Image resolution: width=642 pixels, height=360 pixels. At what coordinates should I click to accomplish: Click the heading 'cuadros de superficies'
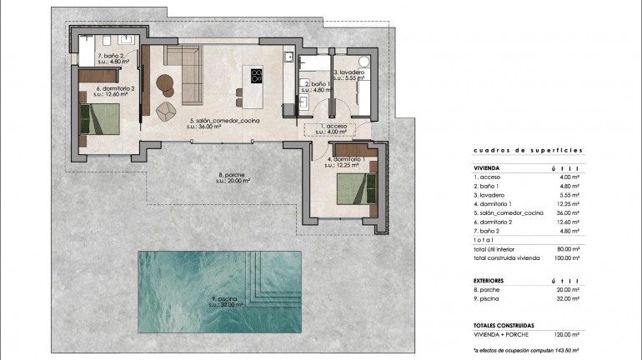[527, 151]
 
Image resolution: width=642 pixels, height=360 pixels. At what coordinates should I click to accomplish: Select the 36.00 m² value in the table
[568, 213]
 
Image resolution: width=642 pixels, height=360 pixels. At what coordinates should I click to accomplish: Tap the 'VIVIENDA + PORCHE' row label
[499, 333]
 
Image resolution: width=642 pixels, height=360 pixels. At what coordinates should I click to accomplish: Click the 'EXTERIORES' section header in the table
[492, 281]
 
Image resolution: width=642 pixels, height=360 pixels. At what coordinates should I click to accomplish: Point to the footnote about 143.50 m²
[525, 352]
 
